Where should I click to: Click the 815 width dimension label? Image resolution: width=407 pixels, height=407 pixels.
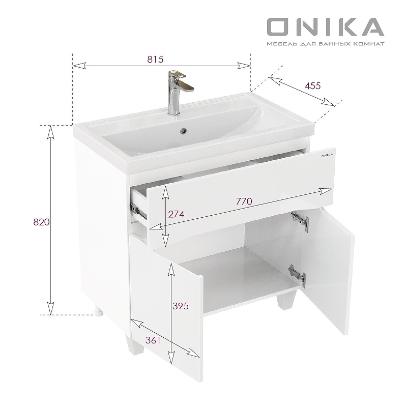[155, 59]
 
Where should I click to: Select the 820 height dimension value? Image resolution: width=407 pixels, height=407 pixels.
[41, 222]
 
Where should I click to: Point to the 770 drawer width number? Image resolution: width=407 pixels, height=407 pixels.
[244, 201]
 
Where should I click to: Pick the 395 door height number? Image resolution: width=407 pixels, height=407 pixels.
[181, 306]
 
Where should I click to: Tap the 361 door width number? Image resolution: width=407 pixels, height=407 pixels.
[152, 340]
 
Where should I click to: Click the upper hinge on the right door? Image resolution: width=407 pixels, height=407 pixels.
[300, 219]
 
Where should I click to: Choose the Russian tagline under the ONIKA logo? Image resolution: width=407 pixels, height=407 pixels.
[325, 45]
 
